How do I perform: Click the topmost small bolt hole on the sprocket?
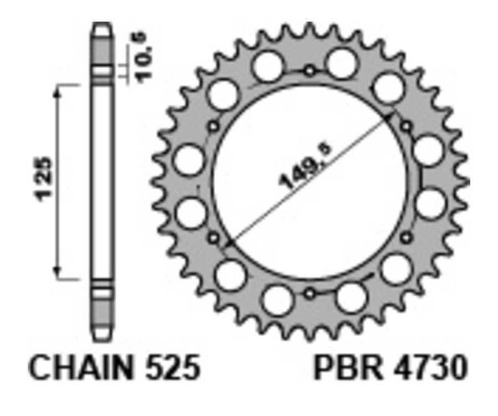(310, 71)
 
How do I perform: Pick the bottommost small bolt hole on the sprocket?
(310, 293)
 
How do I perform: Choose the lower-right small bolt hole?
(407, 237)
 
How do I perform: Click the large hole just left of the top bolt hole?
(269, 65)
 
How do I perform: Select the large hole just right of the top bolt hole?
(341, 62)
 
